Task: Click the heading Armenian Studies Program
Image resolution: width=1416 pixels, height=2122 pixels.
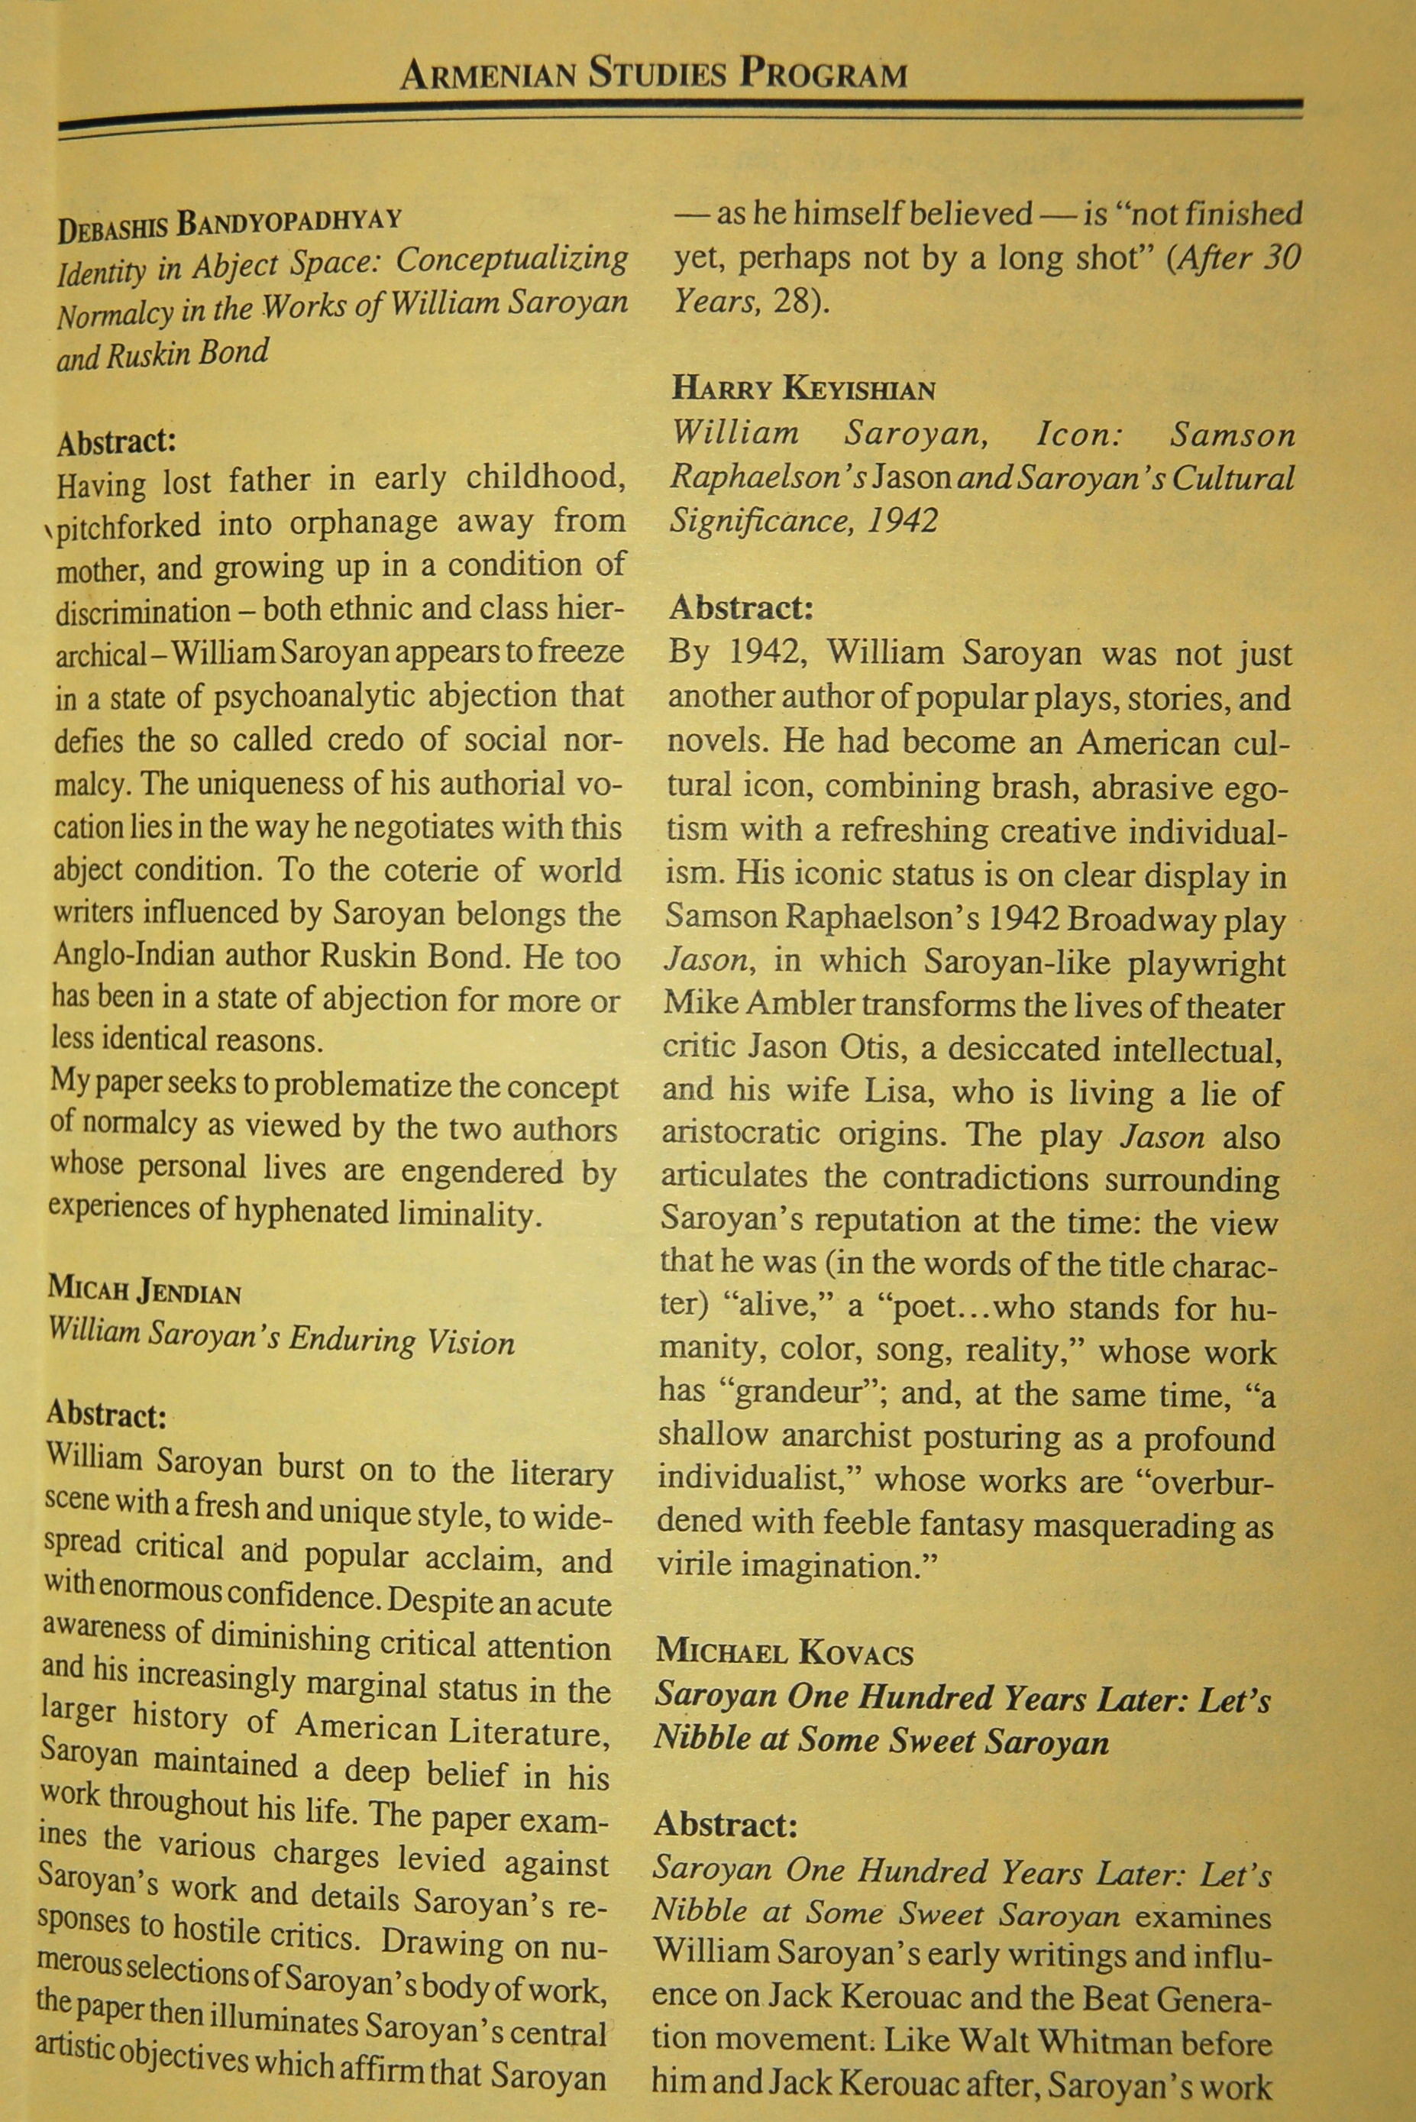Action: [653, 74]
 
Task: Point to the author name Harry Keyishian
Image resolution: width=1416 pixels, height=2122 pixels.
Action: [803, 389]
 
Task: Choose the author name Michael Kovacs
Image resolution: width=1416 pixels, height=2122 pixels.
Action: [784, 1651]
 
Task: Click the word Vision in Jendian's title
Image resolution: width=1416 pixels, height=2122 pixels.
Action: [470, 1343]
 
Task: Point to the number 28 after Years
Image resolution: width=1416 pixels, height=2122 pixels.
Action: [792, 301]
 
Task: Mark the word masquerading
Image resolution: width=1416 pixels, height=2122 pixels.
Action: [1138, 1525]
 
